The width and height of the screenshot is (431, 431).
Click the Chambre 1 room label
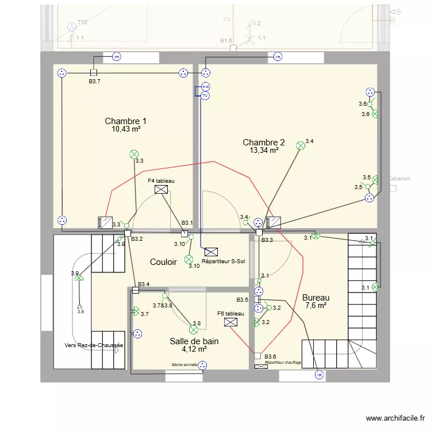coord(125,121)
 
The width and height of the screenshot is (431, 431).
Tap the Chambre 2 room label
coord(263,143)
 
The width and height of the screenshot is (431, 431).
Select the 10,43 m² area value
coord(126,129)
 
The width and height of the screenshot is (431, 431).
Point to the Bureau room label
coord(315,298)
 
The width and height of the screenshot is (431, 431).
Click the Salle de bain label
coord(194,341)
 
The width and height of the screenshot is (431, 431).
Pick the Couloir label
coord(163,262)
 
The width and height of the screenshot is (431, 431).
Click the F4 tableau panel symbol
coord(161,189)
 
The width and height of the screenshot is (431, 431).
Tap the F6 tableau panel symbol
coord(230,322)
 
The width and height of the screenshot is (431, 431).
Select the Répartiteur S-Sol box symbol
coord(211,251)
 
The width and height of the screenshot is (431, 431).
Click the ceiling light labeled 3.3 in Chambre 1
coord(133,154)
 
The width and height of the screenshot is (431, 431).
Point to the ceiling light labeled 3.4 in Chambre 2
coord(300,146)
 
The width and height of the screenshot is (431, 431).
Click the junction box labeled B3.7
coord(94,72)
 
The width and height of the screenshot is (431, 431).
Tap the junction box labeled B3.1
coord(184,234)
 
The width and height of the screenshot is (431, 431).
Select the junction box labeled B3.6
coord(258,356)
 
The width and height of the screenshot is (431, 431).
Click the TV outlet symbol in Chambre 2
coord(205,96)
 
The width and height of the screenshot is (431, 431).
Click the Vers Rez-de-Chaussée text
coord(94,345)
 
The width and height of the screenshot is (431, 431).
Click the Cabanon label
coord(399,179)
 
